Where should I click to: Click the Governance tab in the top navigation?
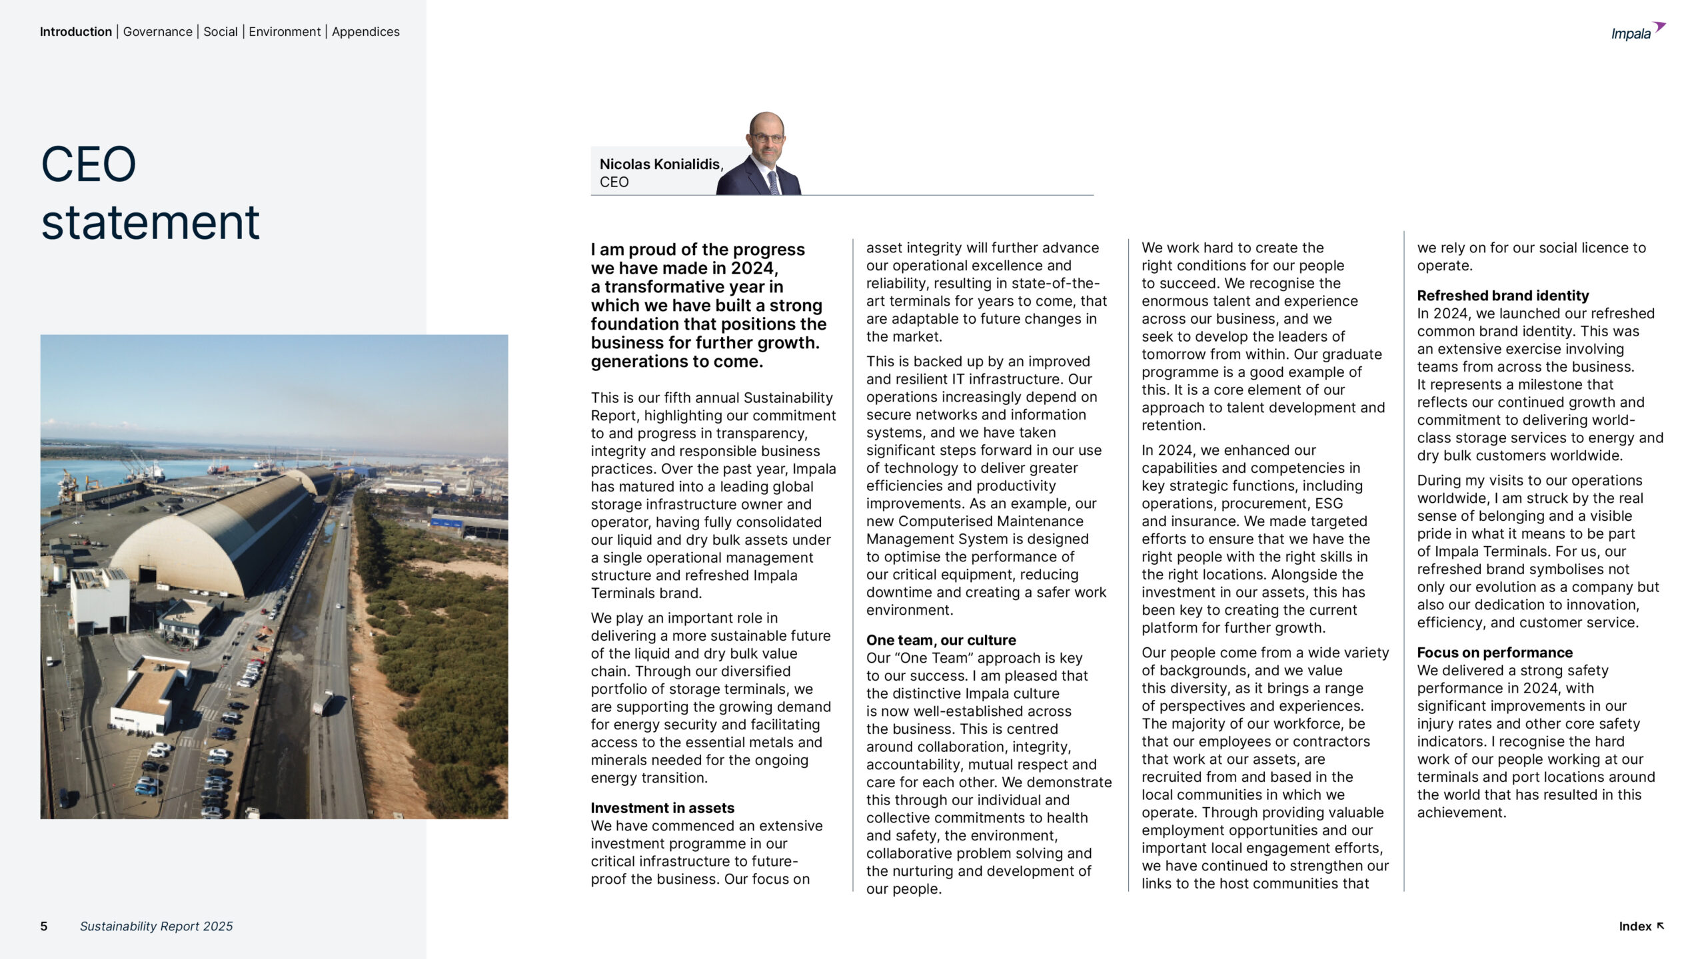click(157, 31)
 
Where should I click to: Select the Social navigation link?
click(220, 31)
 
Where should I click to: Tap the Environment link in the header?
click(285, 31)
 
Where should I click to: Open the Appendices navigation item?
click(365, 31)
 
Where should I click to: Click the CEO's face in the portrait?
click(766, 136)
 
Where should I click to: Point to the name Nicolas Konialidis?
click(660, 164)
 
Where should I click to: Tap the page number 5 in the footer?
click(44, 926)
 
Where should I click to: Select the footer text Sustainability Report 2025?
click(156, 926)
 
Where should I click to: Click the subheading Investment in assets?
click(662, 808)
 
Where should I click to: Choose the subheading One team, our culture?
click(940, 640)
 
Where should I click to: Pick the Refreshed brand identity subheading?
click(1502, 296)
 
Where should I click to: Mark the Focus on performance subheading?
click(1494, 653)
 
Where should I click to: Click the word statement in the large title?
click(150, 222)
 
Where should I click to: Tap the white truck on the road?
click(324, 702)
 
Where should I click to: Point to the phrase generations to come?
click(676, 362)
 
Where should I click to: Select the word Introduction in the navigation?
click(75, 31)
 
